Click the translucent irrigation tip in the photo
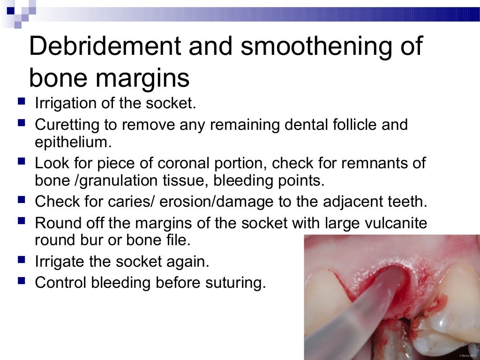(x=356, y=309)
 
